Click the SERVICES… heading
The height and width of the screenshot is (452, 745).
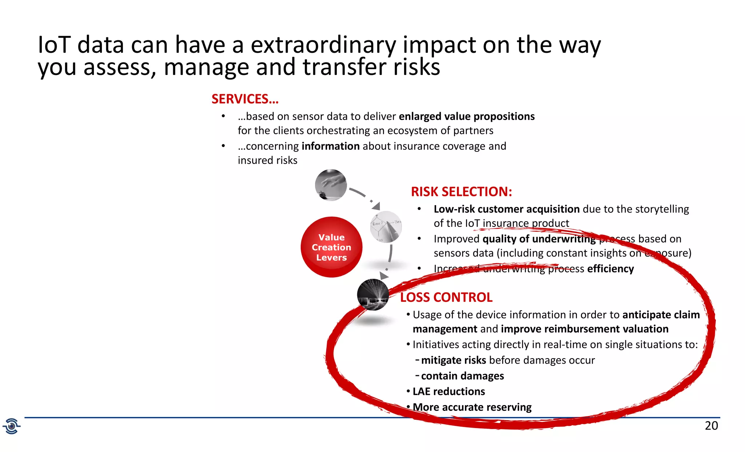click(x=245, y=99)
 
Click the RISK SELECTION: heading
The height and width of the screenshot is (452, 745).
click(x=461, y=192)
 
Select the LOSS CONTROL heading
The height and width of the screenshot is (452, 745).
click(x=446, y=297)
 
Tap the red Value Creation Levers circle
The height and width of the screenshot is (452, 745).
click(x=331, y=247)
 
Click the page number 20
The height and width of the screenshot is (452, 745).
click(x=711, y=425)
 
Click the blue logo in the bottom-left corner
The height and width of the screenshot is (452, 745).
click(x=12, y=426)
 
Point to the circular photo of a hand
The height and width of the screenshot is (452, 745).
click(x=331, y=185)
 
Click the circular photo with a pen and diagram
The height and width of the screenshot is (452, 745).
click(x=386, y=227)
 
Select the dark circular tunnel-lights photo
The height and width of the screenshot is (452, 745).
click(x=373, y=295)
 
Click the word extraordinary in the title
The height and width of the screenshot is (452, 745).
click(x=323, y=45)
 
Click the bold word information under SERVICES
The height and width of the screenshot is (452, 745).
click(x=330, y=146)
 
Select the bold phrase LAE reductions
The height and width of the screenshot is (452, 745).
click(x=449, y=391)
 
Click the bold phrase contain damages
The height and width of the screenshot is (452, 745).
click(x=462, y=376)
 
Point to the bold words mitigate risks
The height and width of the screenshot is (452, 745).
click(x=453, y=360)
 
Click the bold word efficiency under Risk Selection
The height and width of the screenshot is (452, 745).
click(x=610, y=269)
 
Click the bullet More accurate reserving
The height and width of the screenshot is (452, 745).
click(x=472, y=407)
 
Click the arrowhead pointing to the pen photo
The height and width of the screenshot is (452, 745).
click(x=376, y=206)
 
